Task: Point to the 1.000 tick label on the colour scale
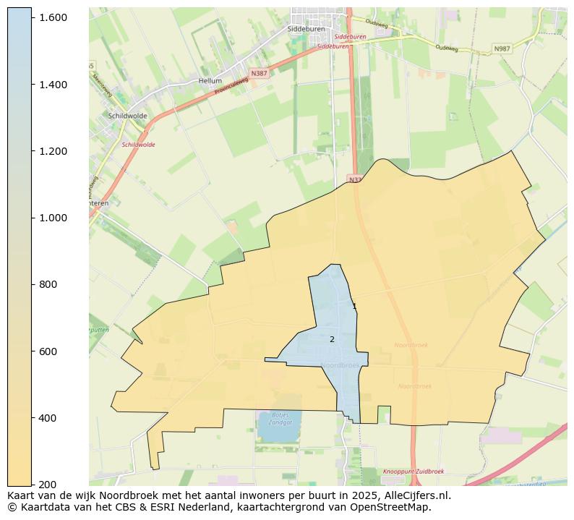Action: point(53,218)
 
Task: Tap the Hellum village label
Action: point(210,81)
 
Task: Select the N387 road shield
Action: point(258,74)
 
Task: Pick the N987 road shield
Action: point(501,48)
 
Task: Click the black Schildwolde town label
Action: point(127,116)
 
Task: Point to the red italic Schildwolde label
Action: point(138,145)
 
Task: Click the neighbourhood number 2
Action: point(332,339)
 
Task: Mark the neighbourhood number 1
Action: point(354,307)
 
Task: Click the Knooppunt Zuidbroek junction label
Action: point(413,471)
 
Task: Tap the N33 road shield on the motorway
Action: point(354,179)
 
